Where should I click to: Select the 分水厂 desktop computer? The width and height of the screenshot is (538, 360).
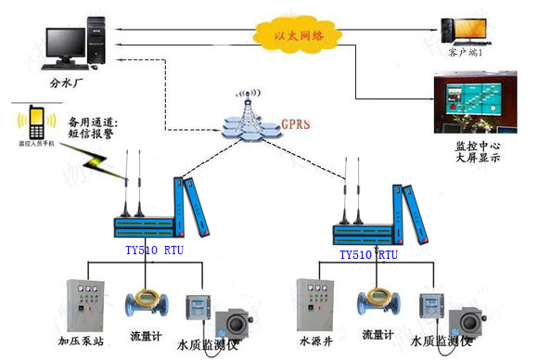(x=74, y=43)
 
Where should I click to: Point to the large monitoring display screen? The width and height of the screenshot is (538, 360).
(x=469, y=104)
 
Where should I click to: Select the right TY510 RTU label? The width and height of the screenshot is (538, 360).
(x=367, y=253)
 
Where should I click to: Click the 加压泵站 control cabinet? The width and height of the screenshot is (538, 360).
(x=85, y=305)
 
